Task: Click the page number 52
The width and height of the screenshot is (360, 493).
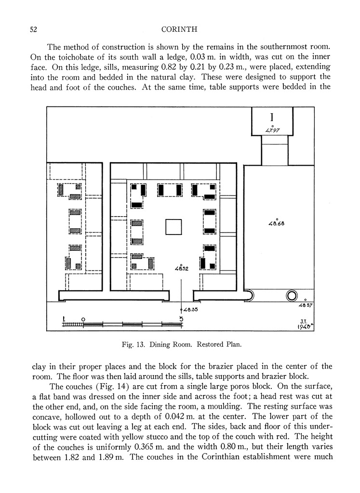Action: [34, 29]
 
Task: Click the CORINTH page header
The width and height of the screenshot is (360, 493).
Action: [180, 29]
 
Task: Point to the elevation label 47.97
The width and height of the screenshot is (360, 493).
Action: [273, 130]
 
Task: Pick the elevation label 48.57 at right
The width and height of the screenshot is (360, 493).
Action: [306, 305]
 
